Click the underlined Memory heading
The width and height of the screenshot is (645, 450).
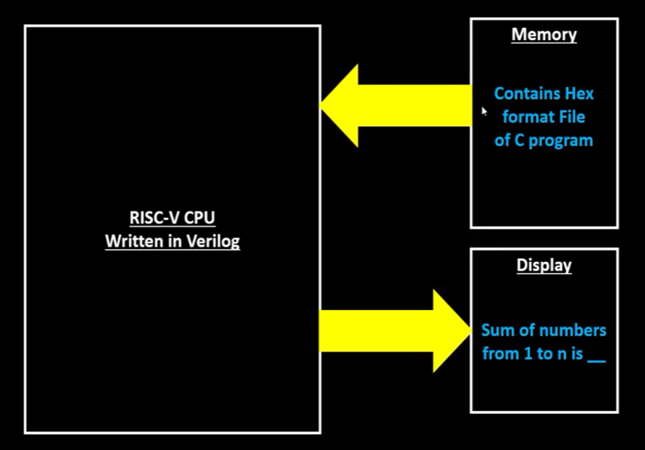(544, 34)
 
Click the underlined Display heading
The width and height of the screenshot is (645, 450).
(544, 265)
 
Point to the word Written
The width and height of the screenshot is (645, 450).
(133, 241)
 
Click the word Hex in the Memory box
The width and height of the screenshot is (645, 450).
(578, 94)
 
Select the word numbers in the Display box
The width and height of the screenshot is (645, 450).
(570, 330)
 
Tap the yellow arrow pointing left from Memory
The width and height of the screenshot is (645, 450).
(401, 106)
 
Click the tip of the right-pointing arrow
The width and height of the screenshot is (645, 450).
(470, 331)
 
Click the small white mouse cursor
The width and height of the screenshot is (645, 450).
(484, 112)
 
